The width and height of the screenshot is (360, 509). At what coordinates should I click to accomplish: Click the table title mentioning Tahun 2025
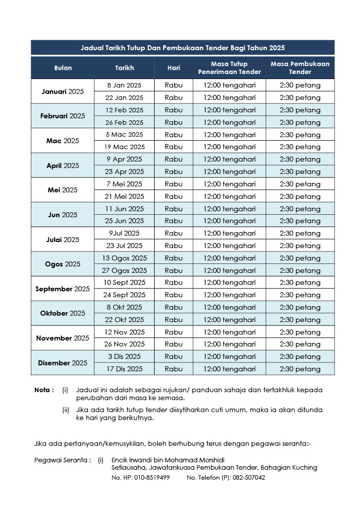coord(182,48)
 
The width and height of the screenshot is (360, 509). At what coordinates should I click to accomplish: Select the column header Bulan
coord(63,68)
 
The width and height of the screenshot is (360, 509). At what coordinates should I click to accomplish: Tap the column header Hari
coord(174,68)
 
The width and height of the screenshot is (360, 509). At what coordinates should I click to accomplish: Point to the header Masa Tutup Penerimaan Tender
coord(229,68)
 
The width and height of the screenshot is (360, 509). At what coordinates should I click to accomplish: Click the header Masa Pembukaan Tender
coord(300,68)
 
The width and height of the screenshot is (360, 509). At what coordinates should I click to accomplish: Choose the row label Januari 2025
coord(63,91)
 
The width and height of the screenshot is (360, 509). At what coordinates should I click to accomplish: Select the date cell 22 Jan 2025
coord(124,98)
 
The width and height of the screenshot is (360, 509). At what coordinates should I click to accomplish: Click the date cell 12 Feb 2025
coord(124,110)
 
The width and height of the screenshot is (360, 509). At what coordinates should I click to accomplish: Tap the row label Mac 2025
coord(63,141)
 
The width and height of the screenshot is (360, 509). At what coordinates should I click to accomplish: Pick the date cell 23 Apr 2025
coord(124,171)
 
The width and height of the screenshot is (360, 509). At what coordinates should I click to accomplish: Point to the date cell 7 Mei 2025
coord(124,184)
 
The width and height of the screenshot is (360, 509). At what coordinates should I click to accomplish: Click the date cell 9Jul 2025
coord(124,233)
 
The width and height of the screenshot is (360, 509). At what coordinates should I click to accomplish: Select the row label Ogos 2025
coord(63,264)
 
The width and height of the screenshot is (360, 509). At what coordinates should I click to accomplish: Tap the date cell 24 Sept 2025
coord(124,295)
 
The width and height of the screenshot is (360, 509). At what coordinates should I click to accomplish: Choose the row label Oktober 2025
coord(63,313)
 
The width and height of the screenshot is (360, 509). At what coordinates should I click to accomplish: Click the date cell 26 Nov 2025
coord(124,344)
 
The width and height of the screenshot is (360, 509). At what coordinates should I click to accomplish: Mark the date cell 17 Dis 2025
coord(124,369)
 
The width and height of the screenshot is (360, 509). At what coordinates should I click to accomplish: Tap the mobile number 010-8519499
coord(152,478)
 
